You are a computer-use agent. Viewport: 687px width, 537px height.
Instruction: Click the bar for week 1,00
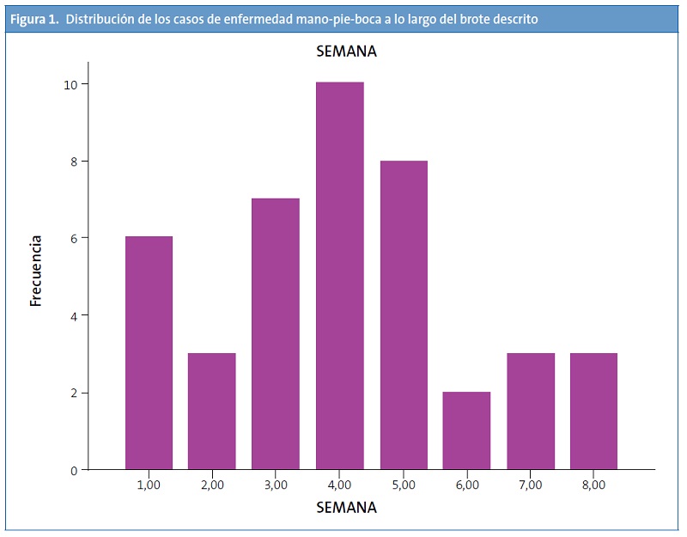149,353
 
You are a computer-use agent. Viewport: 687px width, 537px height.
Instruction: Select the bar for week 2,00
212,412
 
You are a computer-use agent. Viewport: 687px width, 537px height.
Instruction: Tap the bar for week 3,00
276,334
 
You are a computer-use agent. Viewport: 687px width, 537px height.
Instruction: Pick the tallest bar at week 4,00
340,276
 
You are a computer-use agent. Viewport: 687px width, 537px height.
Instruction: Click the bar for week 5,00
404,315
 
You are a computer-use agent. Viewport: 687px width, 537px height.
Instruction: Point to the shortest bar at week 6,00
467,430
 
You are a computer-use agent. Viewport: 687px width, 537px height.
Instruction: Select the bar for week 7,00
531,412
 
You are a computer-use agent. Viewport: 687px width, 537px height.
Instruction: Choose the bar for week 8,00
593,412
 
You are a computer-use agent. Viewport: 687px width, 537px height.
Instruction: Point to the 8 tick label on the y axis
74,162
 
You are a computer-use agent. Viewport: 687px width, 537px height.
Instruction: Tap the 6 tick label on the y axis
74,238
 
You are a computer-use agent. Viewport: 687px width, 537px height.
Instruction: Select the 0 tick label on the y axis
74,470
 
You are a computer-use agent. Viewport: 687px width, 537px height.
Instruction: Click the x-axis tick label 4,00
340,485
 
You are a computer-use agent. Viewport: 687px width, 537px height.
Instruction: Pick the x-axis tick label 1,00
149,485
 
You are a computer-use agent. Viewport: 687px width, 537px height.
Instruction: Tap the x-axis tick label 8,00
593,485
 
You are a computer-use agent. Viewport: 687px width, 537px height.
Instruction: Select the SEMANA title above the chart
346,52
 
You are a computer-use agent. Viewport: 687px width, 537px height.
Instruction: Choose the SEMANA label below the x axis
346,508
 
